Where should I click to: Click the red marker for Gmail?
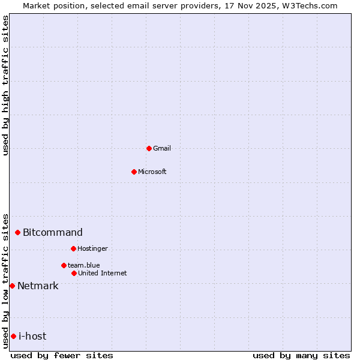point(149,148)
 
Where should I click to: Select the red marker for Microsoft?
point(134,172)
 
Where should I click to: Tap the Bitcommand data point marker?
point(17,232)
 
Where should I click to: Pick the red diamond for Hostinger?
point(73,248)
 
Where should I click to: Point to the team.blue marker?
point(64,265)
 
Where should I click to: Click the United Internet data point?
point(74,273)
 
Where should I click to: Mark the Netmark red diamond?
point(12,286)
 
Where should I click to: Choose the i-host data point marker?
point(13,336)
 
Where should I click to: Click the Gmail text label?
point(162,148)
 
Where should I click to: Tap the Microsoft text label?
point(152,172)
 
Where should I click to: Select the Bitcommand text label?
point(53,232)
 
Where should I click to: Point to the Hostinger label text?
point(92,248)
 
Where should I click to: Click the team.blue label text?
point(84,265)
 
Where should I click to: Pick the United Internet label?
point(103,273)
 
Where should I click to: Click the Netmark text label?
point(38,286)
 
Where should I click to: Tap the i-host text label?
point(32,336)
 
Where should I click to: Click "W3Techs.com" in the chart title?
point(310,5)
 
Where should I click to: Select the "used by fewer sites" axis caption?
point(62,355)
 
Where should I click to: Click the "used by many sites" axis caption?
point(301,355)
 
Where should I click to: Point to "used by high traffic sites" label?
point(5,85)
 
